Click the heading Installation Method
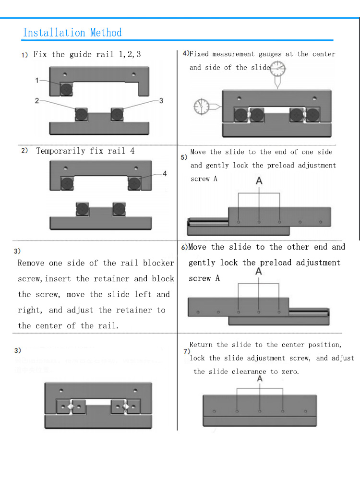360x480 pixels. click(x=72, y=33)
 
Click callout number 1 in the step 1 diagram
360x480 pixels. click(x=37, y=81)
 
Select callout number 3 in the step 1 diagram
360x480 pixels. click(x=161, y=100)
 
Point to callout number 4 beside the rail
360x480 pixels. click(x=165, y=174)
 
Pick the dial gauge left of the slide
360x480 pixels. click(x=202, y=106)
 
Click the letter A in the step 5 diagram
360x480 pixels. click(x=259, y=181)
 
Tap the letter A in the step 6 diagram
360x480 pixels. click(x=259, y=272)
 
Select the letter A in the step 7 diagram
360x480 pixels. click(x=260, y=379)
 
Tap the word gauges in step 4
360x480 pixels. click(x=270, y=54)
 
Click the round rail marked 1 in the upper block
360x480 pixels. click(x=66, y=89)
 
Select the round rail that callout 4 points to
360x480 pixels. click(x=134, y=184)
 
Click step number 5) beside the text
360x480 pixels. click(x=184, y=157)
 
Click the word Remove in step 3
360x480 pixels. click(x=31, y=263)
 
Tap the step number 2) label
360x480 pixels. click(x=24, y=151)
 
